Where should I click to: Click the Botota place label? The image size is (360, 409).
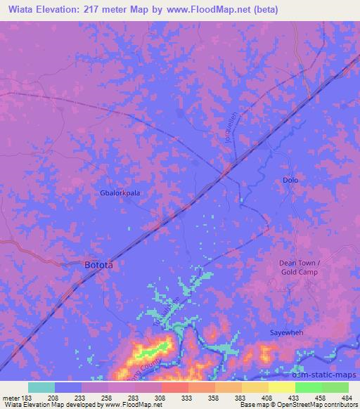point(98,266)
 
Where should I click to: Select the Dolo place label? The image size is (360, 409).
point(290,180)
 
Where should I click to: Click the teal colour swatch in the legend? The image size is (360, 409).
point(41,387)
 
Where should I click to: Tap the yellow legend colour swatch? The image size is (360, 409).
point(281,387)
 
